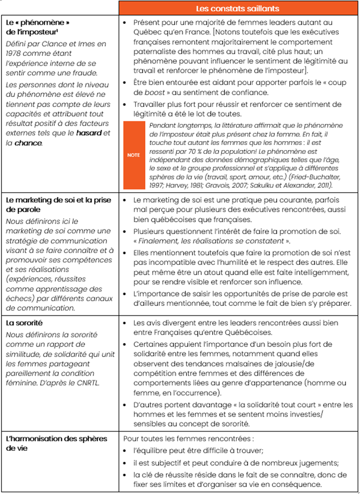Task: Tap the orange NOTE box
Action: [133, 155]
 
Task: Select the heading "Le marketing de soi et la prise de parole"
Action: [59, 204]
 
